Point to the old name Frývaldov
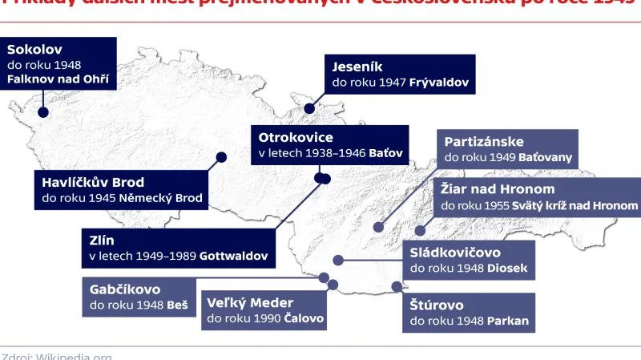click(x=439, y=83)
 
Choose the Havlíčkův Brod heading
click(x=94, y=182)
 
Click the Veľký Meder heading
click(x=251, y=302)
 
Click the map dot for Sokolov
click(x=42, y=113)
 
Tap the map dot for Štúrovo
click(x=395, y=285)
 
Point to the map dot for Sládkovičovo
click(x=339, y=260)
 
